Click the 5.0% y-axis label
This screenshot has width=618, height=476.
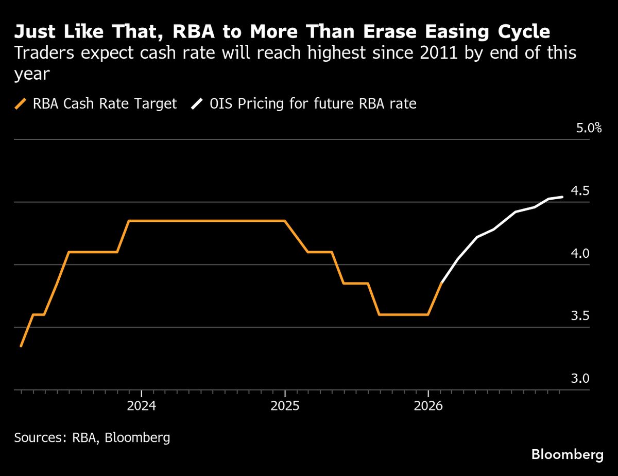588,128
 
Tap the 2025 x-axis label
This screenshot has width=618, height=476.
285,406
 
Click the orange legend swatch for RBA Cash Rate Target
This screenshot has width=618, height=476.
21,104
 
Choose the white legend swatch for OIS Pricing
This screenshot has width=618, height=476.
197,104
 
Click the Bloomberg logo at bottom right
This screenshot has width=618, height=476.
567,455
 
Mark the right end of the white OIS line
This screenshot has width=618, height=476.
562,197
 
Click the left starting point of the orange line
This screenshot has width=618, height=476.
21,346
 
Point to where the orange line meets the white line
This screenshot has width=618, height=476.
442,283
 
